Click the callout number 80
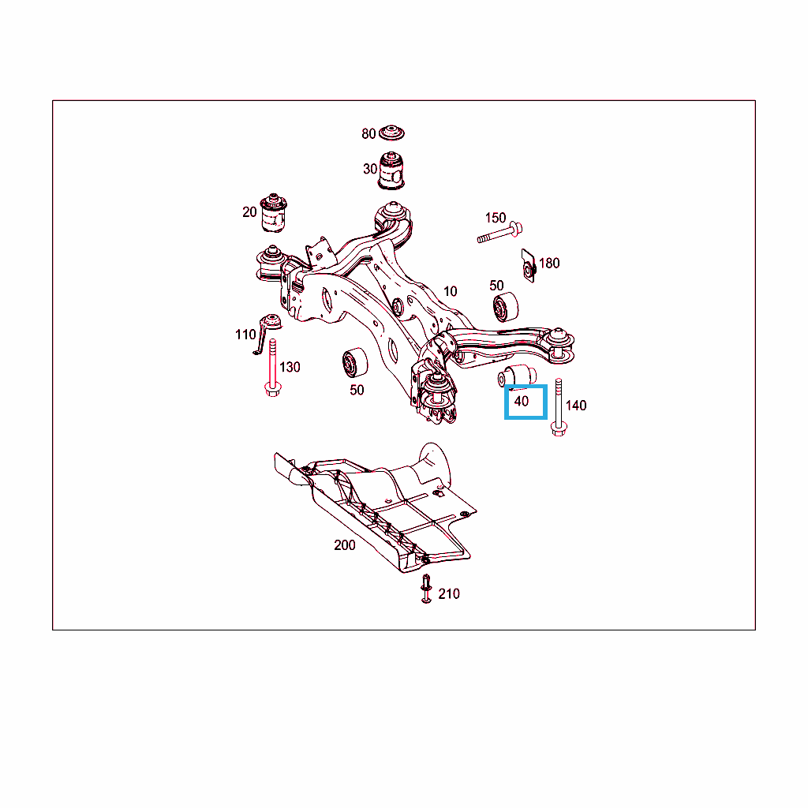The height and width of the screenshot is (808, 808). click(368, 134)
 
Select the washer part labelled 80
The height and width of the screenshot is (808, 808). click(391, 133)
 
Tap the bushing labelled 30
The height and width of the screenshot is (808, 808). click(391, 170)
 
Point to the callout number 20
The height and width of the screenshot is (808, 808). click(249, 211)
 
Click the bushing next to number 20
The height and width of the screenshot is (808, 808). click(274, 213)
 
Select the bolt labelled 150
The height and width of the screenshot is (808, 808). click(499, 233)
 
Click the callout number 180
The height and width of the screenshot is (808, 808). click(549, 264)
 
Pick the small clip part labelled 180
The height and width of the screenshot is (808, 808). click(529, 266)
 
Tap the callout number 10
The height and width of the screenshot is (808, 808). click(451, 292)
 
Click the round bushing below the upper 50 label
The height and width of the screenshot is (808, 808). click(506, 307)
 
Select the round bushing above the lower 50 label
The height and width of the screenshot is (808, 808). click(355, 363)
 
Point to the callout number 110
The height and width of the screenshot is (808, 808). click(245, 335)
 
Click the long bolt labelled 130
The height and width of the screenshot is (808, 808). click(272, 368)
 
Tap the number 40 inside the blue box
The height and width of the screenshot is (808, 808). click(522, 401)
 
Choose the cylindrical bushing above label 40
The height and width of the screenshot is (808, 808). click(518, 376)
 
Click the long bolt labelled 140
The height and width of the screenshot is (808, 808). click(559, 408)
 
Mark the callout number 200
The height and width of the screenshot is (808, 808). click(345, 545)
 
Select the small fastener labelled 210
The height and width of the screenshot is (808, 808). click(426, 589)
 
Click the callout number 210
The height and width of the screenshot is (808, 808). click(449, 594)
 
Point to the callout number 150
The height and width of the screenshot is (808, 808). click(496, 218)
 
